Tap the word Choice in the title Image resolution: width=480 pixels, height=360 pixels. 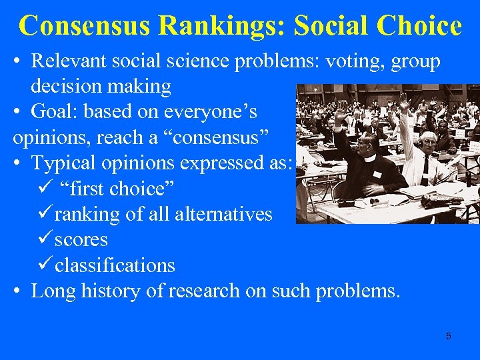[x=419, y=26]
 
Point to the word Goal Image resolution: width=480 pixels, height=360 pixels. [x=55, y=112]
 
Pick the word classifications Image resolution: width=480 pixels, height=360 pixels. [x=115, y=265]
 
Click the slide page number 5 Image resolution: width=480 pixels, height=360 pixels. [x=448, y=335]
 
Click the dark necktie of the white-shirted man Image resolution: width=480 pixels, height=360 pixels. [x=424, y=170]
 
